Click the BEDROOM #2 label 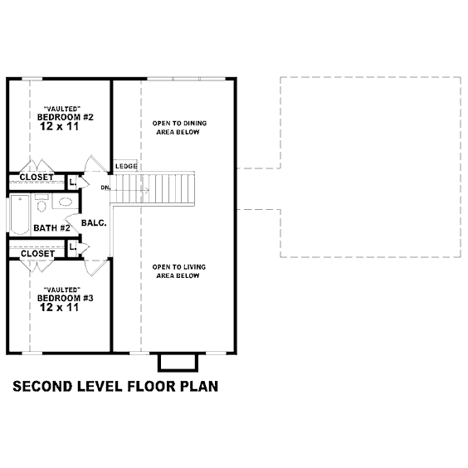click(x=66, y=117)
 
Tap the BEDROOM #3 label click(x=66, y=298)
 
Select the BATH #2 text click(x=52, y=228)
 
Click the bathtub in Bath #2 click(x=20, y=214)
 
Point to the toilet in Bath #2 click(x=41, y=203)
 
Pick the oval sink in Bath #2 click(x=66, y=202)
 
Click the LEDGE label click(x=126, y=166)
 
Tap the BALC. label click(x=94, y=222)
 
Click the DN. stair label click(x=105, y=188)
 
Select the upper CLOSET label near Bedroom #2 click(x=37, y=177)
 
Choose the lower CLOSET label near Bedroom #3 click(x=38, y=254)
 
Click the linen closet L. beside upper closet click(x=73, y=182)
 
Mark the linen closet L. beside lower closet click(x=73, y=247)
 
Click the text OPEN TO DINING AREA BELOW click(x=179, y=128)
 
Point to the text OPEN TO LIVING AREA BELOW click(x=178, y=271)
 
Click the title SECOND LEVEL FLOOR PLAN click(x=115, y=386)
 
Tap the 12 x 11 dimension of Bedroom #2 click(x=60, y=126)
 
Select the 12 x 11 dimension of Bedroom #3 click(x=60, y=307)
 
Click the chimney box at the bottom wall click(x=178, y=363)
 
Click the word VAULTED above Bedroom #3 click(x=62, y=290)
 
